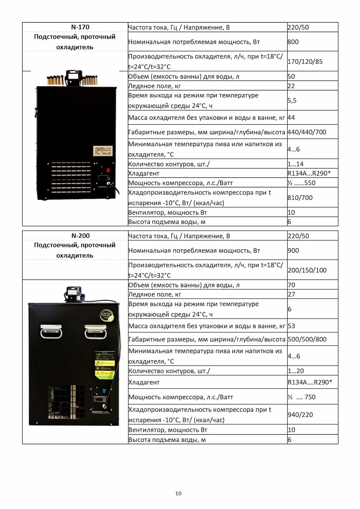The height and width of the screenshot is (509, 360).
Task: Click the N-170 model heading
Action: point(80,27)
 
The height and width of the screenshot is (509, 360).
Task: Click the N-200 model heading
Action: point(80,236)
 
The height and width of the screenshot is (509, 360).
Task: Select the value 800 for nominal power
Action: point(293,42)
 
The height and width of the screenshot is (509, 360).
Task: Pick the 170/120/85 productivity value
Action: point(305,61)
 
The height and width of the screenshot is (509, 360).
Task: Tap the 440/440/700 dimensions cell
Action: point(307,132)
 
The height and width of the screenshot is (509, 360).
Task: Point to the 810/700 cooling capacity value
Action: point(300,198)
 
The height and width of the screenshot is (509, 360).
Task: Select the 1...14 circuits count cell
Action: point(295,164)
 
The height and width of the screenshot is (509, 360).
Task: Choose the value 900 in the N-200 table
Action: point(293,250)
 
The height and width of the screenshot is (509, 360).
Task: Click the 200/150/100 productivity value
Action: point(307,270)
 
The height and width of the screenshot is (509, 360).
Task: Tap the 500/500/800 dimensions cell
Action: point(307,339)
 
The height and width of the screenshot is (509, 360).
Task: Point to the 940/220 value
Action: point(300,414)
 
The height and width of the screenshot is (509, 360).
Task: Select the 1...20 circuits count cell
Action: point(296,371)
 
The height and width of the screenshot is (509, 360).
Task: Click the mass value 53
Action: point(291,326)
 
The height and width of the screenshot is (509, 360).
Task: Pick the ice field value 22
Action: point(291,86)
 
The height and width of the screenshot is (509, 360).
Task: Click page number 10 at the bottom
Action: point(178,493)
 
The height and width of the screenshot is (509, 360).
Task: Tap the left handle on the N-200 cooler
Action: point(51,331)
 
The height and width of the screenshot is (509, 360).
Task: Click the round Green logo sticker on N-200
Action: point(107,315)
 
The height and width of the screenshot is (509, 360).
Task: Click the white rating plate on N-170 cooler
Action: point(103,151)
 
